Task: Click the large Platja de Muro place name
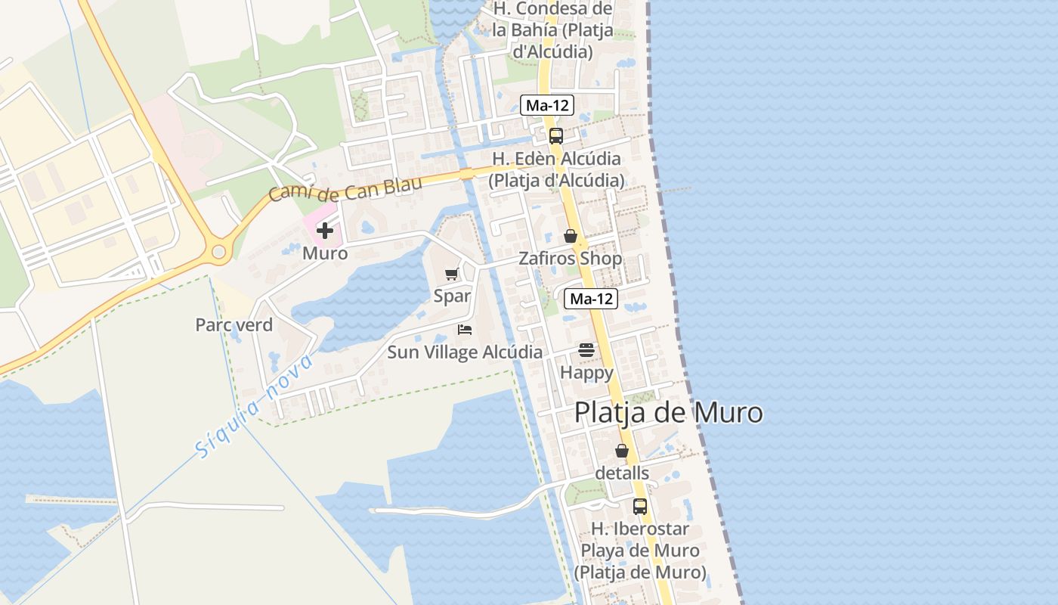[668, 413]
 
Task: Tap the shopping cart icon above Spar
[452, 274]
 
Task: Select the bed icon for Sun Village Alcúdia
[465, 329]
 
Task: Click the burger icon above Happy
[586, 350]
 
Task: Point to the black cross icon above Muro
[325, 231]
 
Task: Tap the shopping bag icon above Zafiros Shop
[571, 236]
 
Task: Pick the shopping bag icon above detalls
[622, 451]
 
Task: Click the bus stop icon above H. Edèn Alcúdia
[556, 136]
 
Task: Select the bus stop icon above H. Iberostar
[640, 506]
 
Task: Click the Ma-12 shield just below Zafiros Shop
[591, 299]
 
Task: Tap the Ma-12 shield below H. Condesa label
[547, 106]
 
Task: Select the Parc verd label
[234, 325]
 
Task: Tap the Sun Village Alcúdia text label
[464, 352]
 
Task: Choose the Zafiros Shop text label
[570, 259]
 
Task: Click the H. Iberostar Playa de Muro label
[639, 551]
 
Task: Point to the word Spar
[452, 296]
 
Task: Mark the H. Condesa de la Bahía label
[552, 30]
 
